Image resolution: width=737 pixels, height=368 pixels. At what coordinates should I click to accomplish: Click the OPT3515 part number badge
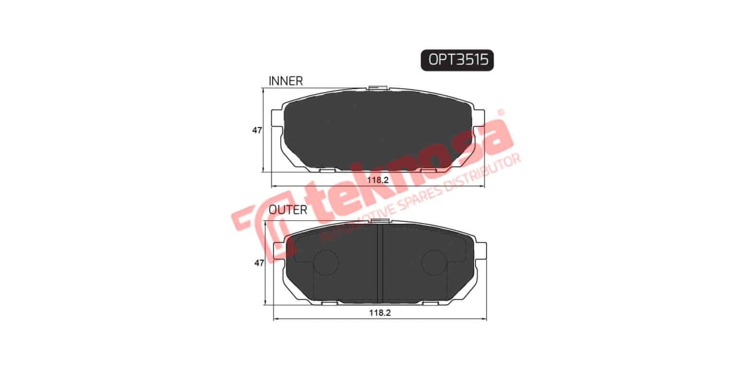457,59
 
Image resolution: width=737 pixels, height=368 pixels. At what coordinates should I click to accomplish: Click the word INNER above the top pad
286,81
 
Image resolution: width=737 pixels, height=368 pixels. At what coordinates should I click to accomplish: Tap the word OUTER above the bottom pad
288,210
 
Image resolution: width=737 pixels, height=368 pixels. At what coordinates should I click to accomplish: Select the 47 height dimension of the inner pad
257,131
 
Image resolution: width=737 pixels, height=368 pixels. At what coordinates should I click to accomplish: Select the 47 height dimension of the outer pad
259,263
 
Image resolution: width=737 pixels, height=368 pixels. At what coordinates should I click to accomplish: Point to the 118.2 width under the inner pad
379,180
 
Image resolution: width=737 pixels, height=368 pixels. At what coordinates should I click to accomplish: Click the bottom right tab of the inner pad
429,169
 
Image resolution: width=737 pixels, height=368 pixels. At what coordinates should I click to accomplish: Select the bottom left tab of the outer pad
329,303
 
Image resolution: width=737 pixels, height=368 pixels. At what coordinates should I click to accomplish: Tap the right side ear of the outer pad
481,250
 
